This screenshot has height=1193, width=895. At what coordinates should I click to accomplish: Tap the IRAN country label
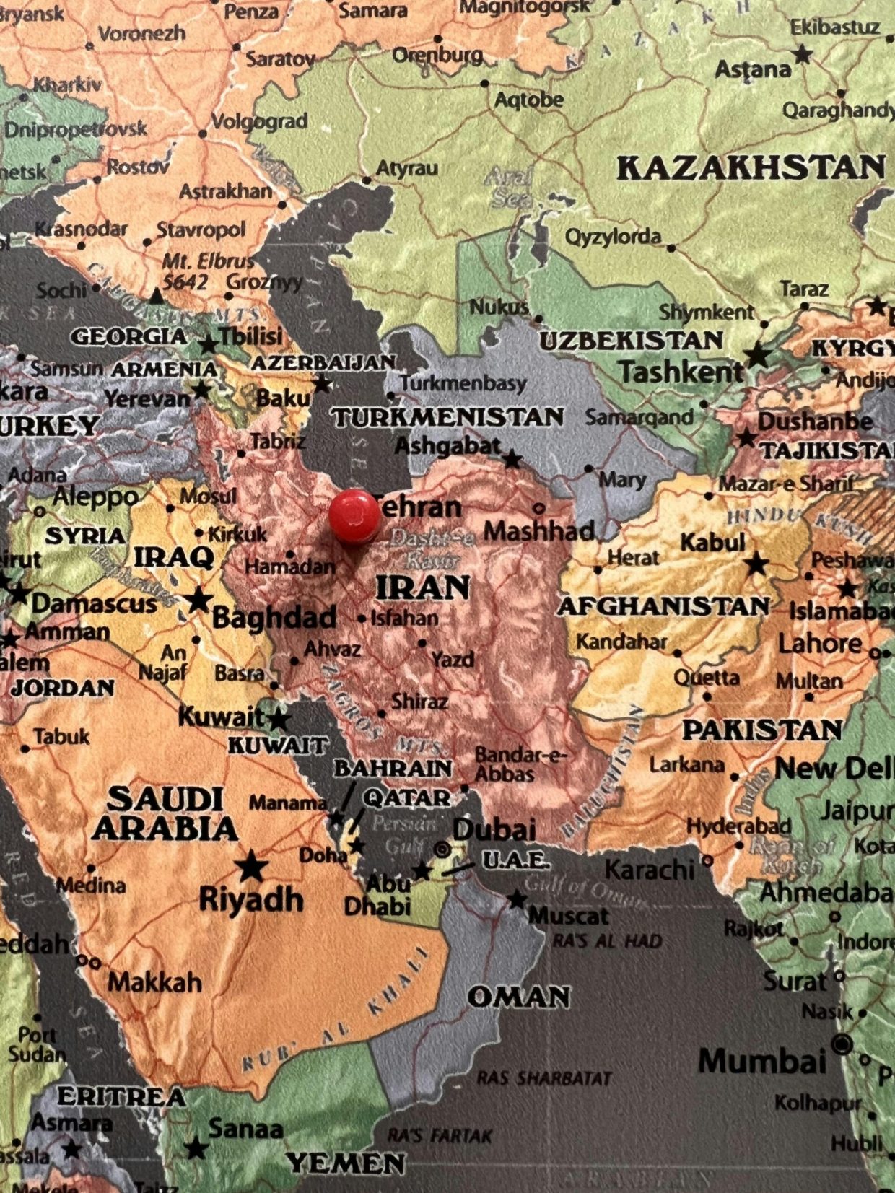[x=423, y=588]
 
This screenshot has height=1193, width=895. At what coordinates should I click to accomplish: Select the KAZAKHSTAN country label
[x=751, y=167]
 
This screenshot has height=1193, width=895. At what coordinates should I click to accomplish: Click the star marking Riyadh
[x=251, y=865]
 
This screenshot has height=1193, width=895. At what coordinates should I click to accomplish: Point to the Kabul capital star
[x=756, y=564]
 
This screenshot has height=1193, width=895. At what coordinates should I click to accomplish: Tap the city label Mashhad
[x=538, y=531]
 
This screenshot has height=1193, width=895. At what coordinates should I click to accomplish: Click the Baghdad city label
[x=274, y=617]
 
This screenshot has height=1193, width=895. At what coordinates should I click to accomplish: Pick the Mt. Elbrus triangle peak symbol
[x=157, y=295]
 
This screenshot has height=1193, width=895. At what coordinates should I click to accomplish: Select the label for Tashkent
[x=680, y=372]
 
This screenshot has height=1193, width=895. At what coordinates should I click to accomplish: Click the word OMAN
[x=519, y=997]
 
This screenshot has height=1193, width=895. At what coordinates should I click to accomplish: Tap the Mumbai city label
[x=762, y=1062]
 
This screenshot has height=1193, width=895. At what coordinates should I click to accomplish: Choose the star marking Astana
[x=802, y=53]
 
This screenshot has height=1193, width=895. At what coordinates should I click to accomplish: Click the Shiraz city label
[x=419, y=701]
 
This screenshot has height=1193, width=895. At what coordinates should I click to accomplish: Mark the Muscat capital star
[x=517, y=899]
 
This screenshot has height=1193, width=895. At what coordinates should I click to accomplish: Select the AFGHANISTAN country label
[x=663, y=606]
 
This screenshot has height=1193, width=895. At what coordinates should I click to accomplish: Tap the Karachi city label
[x=649, y=870]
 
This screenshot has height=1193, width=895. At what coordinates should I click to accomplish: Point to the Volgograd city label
[x=259, y=121]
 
